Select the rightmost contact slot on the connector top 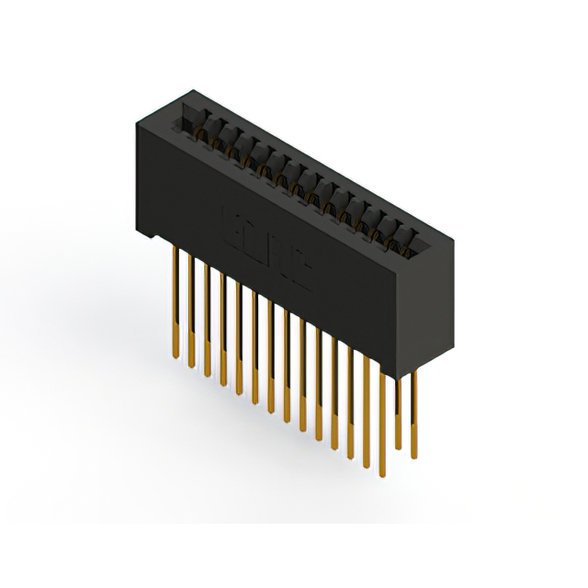click(406, 241)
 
